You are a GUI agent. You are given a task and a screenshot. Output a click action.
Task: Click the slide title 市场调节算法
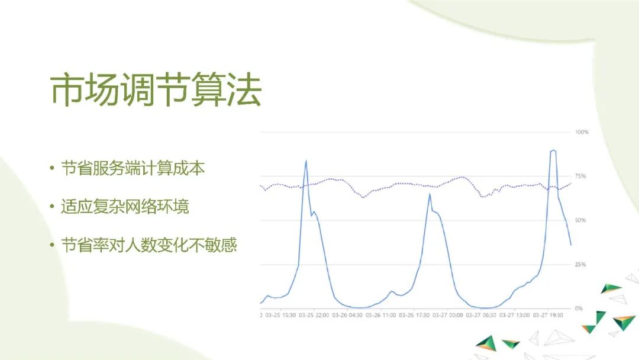(156, 91)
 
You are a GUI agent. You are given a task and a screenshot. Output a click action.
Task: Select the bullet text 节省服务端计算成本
(133, 169)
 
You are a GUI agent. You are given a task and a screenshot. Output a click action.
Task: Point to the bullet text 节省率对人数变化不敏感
(149, 245)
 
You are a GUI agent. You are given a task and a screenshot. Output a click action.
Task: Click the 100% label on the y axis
(582, 132)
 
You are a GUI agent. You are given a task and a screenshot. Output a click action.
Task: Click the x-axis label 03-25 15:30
(280, 316)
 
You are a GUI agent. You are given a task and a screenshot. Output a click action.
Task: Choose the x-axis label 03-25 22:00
(314, 316)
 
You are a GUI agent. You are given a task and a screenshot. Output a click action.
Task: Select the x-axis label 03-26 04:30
(347, 316)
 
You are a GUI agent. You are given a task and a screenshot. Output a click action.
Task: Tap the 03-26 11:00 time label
(381, 316)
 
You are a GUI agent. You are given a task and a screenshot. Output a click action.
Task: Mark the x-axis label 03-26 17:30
(414, 316)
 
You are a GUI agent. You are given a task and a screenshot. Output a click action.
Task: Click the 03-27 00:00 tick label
(448, 316)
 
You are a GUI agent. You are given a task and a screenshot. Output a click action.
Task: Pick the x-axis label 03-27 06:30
(481, 316)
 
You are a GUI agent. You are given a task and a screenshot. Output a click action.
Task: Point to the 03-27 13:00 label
(515, 316)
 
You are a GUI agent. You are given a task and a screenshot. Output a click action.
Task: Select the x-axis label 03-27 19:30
(548, 316)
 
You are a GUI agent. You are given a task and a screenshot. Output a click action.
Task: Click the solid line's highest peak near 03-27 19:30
(553, 150)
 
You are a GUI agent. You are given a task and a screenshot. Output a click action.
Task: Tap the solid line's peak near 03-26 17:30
(430, 194)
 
